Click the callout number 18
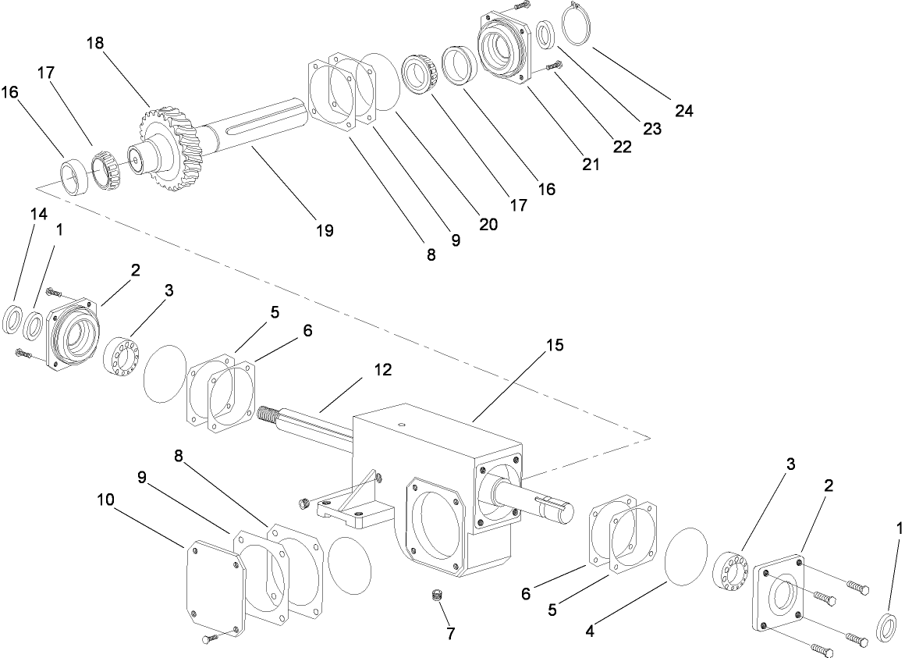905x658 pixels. click(94, 44)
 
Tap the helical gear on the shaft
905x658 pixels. click(169, 148)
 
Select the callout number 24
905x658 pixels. click(683, 111)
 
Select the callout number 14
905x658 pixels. click(39, 213)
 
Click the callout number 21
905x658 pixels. click(591, 164)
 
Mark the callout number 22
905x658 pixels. click(622, 146)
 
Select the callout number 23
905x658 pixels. click(652, 129)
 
